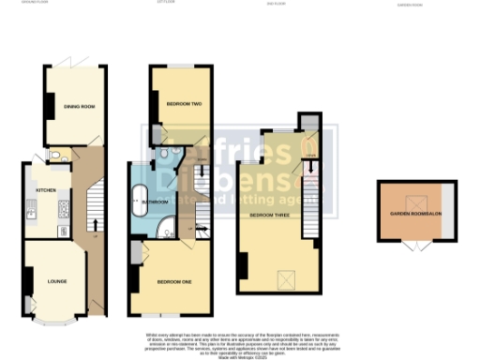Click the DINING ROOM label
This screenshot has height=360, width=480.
coord(81,107)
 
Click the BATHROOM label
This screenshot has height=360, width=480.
coord(156,202)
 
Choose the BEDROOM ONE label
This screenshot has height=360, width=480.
coord(175,281)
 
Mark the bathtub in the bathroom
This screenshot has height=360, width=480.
coord(141,199)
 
